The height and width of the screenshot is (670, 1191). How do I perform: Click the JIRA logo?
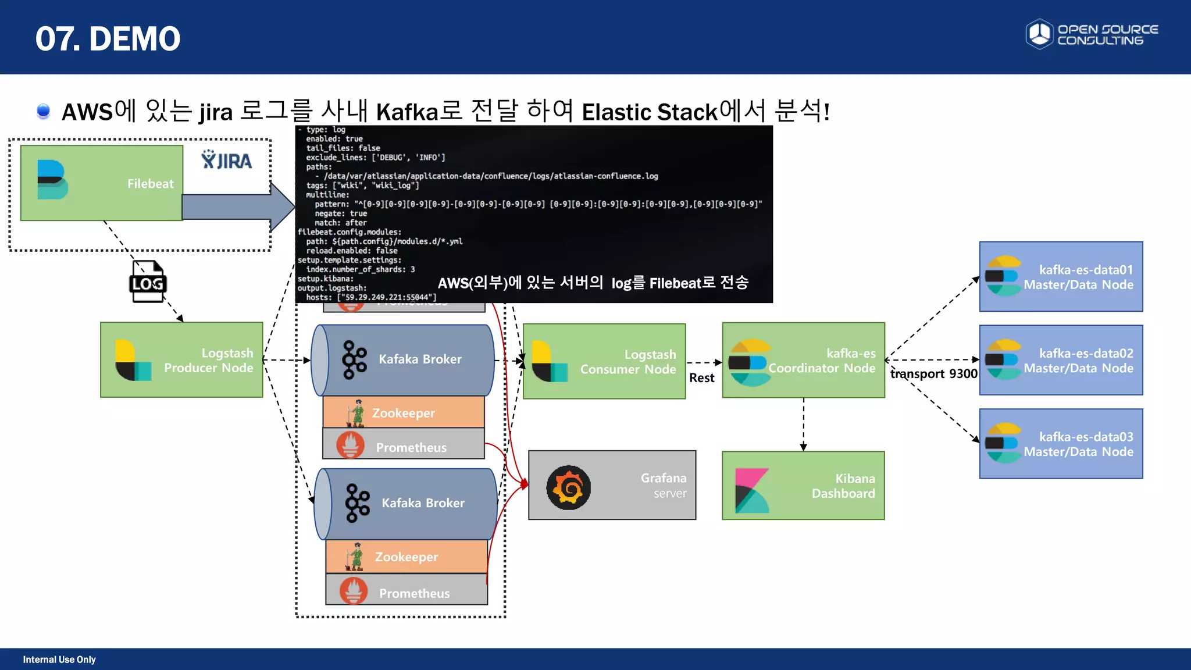pos(227,160)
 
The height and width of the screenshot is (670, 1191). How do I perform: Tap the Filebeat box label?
pos(151,184)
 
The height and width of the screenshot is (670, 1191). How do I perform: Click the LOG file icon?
pos(147,282)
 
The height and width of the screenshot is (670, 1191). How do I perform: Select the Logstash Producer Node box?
pos(181,360)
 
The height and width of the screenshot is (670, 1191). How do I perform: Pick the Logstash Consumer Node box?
pos(604,361)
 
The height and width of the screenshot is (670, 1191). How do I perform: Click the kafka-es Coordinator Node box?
pos(803,360)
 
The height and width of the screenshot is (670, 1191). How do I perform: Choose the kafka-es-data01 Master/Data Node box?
pos(1061,277)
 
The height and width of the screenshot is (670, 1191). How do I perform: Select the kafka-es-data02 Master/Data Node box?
pos(1061,360)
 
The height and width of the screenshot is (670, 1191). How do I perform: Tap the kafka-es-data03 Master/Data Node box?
pos(1061,444)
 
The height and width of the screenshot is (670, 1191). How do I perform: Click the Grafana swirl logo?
pos(568,487)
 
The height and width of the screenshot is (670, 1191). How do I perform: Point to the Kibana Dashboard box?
pos(803,486)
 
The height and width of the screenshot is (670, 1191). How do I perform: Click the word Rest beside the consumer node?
pos(701,378)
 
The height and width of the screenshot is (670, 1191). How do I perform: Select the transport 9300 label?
pos(933,374)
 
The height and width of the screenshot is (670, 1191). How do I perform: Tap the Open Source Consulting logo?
pos(1092,34)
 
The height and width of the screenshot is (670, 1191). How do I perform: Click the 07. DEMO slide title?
pos(108,39)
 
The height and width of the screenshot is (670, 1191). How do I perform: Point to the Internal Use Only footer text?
pos(59,660)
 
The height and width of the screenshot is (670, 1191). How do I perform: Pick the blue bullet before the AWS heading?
pos(43,111)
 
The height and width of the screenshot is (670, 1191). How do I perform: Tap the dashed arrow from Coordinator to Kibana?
pos(803,425)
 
